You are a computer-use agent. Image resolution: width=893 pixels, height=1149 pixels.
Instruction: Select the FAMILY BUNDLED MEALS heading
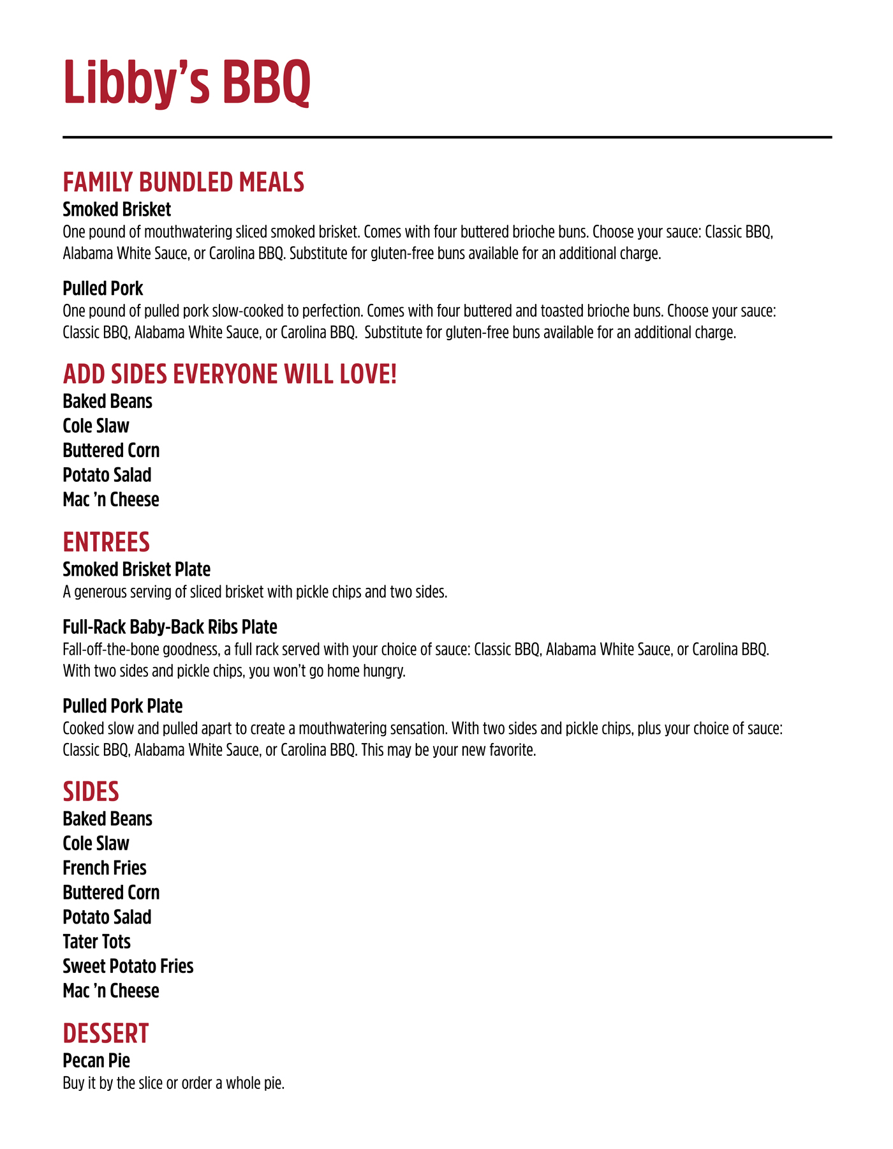coord(183,183)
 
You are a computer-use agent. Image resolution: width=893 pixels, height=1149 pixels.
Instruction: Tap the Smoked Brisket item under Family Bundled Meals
coord(117,209)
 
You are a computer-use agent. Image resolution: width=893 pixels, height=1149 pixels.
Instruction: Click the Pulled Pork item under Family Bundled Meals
coord(103,289)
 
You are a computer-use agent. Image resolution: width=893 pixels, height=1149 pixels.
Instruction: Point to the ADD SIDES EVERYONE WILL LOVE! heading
coord(230,375)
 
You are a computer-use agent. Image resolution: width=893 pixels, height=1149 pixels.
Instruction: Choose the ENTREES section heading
coord(106,542)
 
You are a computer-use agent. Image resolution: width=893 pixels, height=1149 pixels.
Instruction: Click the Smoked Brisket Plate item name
coord(137,569)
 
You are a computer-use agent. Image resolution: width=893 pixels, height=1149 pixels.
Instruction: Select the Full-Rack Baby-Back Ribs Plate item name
coord(170,626)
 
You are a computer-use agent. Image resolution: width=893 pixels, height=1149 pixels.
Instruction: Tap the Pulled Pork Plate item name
coord(122,706)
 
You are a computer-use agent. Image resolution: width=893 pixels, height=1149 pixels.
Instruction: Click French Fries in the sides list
coord(105,868)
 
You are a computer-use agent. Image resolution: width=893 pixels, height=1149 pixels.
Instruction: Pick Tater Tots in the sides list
coord(96,942)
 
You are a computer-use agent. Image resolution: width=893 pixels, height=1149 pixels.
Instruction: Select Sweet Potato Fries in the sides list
coord(128,966)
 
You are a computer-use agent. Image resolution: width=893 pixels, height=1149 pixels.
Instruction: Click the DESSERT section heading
coord(106,1033)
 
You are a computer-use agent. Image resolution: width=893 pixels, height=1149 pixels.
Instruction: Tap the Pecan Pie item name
coord(96,1060)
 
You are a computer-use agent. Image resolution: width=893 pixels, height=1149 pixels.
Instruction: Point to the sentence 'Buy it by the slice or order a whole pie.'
coord(173,1083)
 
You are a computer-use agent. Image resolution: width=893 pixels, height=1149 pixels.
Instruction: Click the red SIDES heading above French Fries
coord(91,792)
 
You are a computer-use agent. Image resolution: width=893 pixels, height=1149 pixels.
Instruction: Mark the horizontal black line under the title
coord(447,137)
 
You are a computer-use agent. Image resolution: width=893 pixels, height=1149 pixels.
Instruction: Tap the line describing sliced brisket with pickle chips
coord(255,592)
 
